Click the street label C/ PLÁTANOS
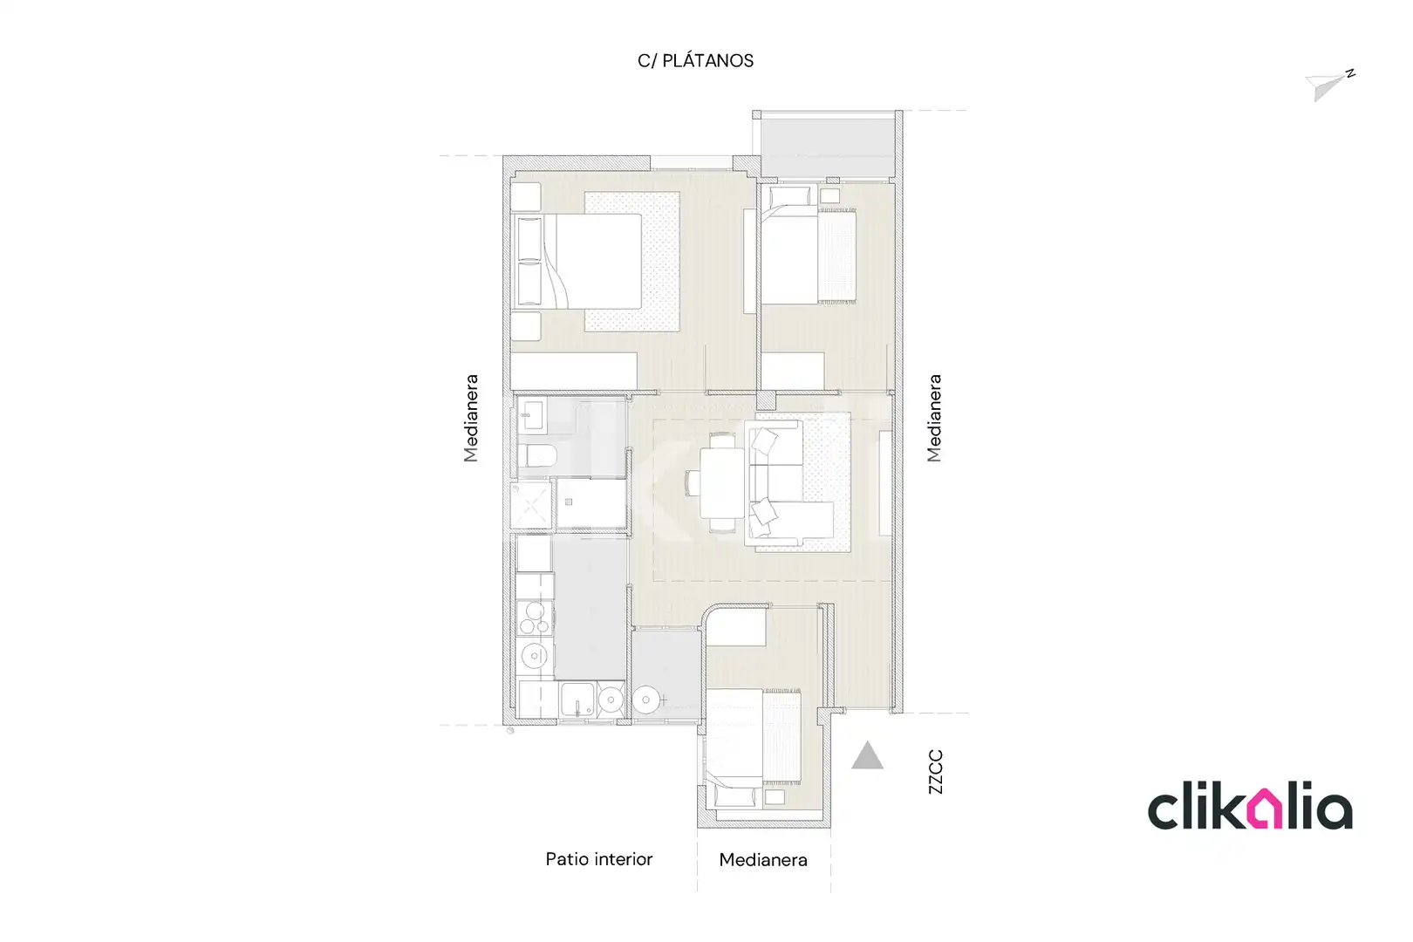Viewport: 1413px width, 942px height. pyautogui.click(x=695, y=60)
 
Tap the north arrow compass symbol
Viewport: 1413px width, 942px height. pyautogui.click(x=1330, y=85)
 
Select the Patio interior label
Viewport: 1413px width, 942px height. pyautogui.click(x=598, y=859)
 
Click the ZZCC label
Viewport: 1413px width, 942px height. pyautogui.click(x=936, y=772)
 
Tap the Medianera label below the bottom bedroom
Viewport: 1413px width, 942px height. pyautogui.click(x=763, y=860)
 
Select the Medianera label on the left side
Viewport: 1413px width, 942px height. pyautogui.click(x=471, y=419)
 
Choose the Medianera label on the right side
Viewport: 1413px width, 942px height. pyautogui.click(x=934, y=419)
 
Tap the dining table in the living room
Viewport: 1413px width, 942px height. pyautogui.click(x=721, y=482)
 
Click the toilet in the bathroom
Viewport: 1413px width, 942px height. pyautogui.click(x=536, y=455)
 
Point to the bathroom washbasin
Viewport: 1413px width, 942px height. pyautogui.click(x=532, y=415)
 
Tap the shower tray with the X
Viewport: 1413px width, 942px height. pyautogui.click(x=531, y=505)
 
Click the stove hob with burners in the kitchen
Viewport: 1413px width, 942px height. pyautogui.click(x=535, y=618)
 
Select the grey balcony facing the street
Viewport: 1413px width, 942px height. pyautogui.click(x=827, y=147)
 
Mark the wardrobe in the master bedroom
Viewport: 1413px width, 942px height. pyautogui.click(x=573, y=371)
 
